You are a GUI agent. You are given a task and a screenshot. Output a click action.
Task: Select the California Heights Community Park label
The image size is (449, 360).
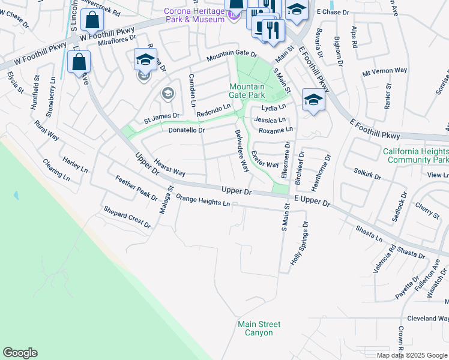[x=415, y=155]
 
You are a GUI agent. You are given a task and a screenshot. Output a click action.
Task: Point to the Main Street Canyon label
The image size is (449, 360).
[x=259, y=328]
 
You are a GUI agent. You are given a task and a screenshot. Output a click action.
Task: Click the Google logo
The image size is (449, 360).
[x=20, y=353]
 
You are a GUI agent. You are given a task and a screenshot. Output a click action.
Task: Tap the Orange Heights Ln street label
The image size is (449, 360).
[x=203, y=201]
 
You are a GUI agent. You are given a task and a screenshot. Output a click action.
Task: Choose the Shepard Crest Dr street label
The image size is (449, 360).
[x=127, y=217]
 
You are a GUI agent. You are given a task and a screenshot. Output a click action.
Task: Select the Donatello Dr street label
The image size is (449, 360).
[x=187, y=130]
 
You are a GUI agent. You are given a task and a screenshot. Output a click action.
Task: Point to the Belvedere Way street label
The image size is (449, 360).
[x=242, y=151]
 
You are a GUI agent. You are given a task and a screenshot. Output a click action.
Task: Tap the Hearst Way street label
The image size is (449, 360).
[x=169, y=167]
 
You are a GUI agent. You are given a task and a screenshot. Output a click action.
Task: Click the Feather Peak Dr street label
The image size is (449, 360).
[x=136, y=188]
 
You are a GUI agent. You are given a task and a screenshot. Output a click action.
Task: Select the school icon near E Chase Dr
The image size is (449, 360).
[x=296, y=10]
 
